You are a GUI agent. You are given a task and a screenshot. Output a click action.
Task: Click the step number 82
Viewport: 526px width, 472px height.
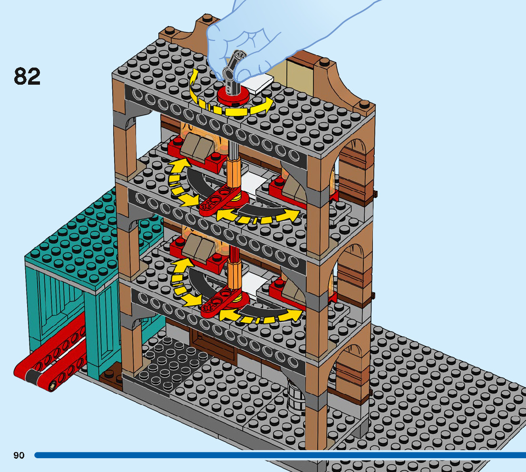click(x=27, y=76)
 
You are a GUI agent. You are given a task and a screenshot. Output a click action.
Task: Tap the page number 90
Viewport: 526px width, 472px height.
click(x=19, y=455)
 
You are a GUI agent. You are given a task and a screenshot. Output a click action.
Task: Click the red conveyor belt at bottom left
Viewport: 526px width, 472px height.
click(x=48, y=366)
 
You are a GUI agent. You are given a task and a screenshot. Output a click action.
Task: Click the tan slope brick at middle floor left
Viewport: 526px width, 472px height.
click(x=197, y=146)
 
